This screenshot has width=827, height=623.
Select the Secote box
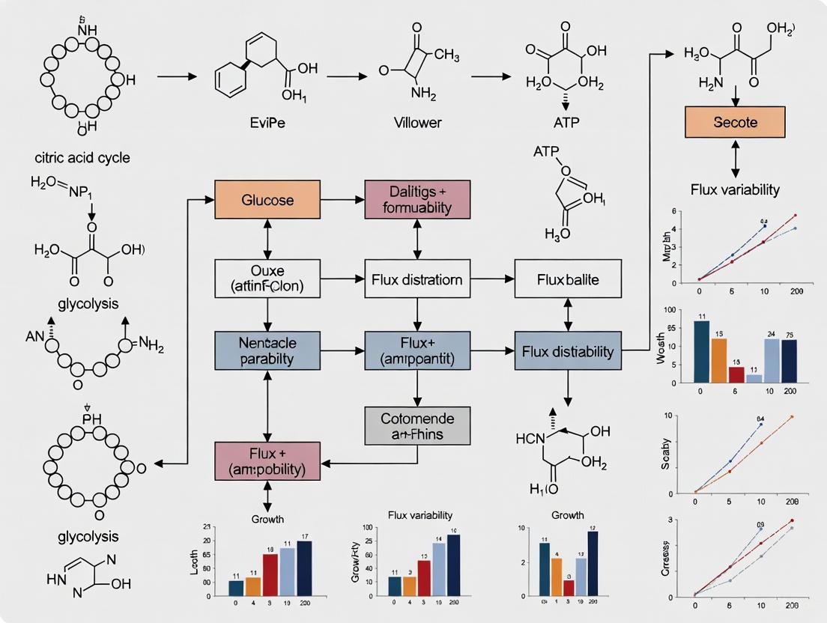coord(735,121)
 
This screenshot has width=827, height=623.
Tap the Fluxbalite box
coord(567,280)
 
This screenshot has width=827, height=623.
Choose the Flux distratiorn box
coord(417,280)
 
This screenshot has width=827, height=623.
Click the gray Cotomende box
coord(417,425)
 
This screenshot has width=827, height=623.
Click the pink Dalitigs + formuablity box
coord(417,199)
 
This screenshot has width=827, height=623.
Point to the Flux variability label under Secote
coord(735,189)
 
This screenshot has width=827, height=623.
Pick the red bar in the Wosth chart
coord(736,374)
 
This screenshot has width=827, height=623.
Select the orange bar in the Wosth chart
coord(719,360)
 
